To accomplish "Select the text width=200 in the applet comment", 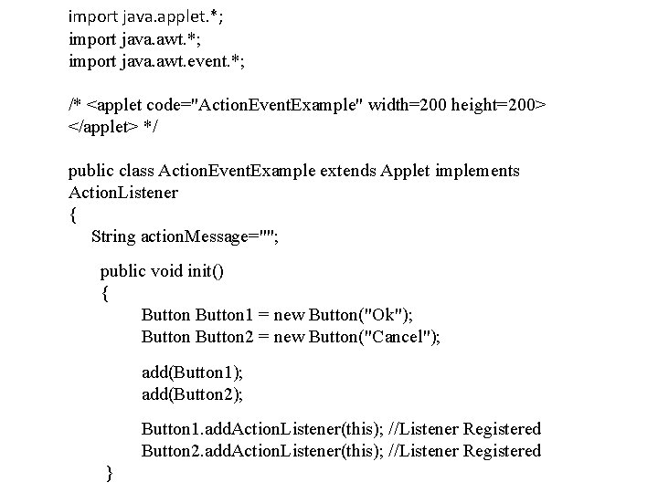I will [405, 104].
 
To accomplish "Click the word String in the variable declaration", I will [113, 236].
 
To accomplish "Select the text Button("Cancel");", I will [376, 338].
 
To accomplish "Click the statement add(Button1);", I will [192, 372].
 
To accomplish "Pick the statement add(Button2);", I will [192, 394].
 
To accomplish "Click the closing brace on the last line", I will [110, 473].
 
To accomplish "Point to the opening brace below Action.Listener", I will [73, 215].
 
